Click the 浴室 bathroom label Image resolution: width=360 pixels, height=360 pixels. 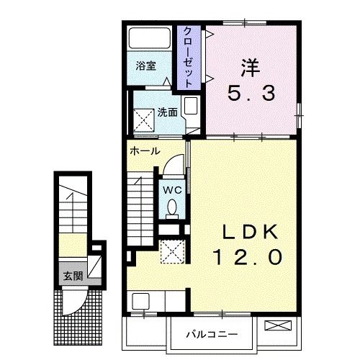point(145,66)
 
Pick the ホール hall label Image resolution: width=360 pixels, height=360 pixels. point(145,152)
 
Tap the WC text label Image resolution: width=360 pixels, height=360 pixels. point(171,189)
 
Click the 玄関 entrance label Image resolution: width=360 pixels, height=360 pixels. point(71,276)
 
